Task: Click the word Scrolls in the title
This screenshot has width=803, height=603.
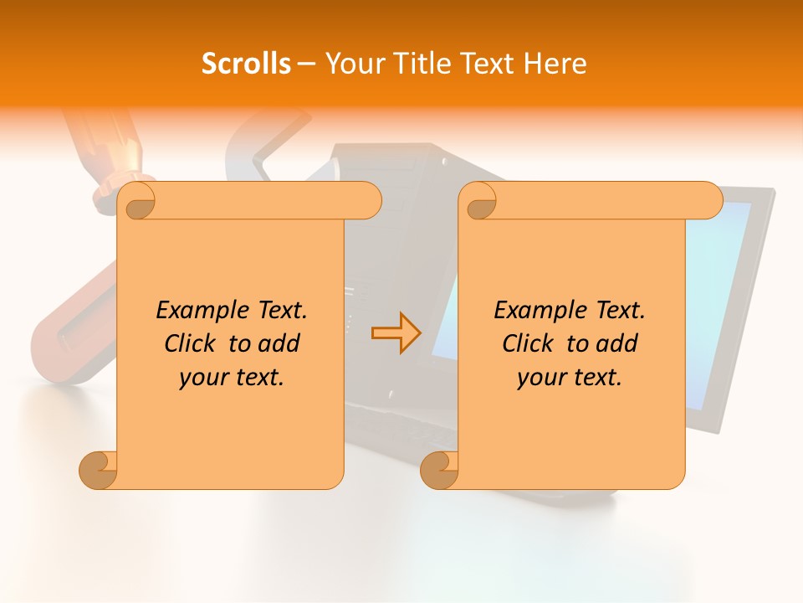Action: click(246, 64)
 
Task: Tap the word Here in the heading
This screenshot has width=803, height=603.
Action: click(555, 64)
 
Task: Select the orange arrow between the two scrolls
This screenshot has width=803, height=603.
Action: click(396, 333)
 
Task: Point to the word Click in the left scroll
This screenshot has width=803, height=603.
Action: click(182, 343)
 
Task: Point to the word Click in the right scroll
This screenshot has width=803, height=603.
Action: click(520, 343)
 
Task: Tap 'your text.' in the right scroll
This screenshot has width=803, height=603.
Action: click(570, 378)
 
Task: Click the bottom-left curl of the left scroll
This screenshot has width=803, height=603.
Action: click(98, 469)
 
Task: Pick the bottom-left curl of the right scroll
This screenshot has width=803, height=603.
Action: click(439, 469)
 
